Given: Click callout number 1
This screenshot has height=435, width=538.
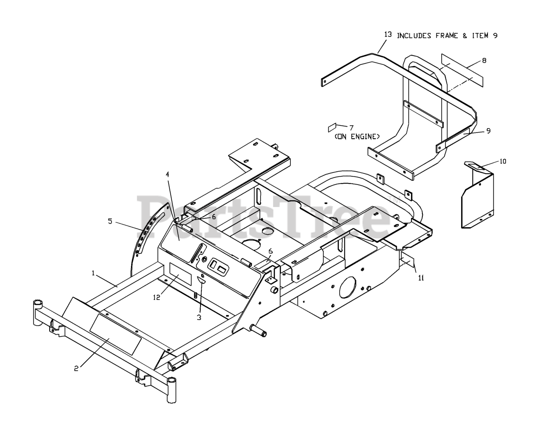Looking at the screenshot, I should click(x=93, y=273).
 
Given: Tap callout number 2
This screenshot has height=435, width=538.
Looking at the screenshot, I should click(x=76, y=369).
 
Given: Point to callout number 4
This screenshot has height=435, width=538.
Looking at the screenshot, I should click(x=167, y=174).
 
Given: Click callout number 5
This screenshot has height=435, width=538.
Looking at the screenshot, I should click(x=110, y=221).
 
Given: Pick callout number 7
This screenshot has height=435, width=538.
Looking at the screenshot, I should click(x=351, y=127).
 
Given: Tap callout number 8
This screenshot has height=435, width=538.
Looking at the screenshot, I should click(x=484, y=61).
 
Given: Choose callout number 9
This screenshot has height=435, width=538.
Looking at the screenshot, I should click(x=488, y=131).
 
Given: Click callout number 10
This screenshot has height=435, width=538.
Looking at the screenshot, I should click(x=503, y=161).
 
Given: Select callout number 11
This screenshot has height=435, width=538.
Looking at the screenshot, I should click(x=421, y=277).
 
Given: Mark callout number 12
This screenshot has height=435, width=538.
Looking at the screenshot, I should click(x=156, y=297).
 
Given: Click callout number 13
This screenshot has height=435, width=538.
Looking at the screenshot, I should click(x=388, y=34).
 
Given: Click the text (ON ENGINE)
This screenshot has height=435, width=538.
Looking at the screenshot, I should click(x=357, y=136).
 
